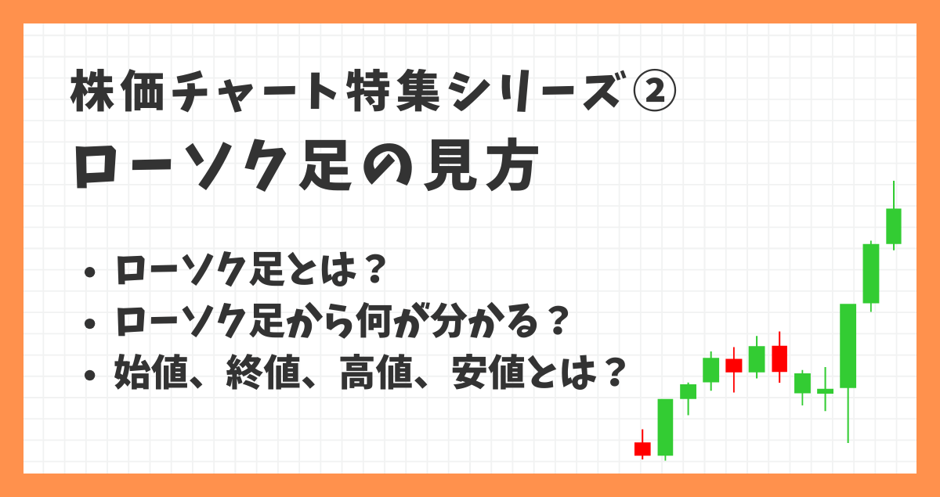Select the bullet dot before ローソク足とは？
click(90, 272)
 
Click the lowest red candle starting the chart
click(642, 448)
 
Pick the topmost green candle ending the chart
click(894, 225)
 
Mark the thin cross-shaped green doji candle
click(825, 391)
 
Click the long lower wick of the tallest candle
click(848, 415)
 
